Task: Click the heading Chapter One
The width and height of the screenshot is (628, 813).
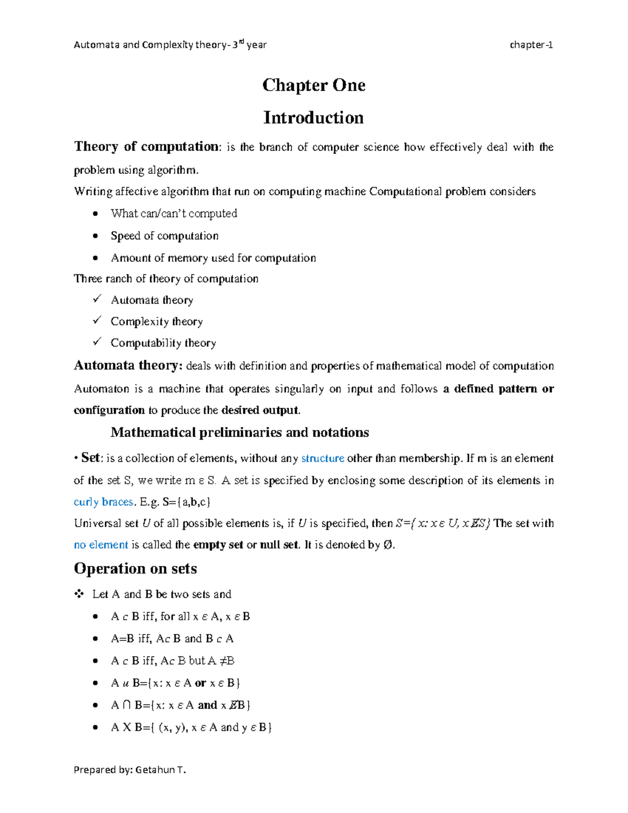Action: point(313,85)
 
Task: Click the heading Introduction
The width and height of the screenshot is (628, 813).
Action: point(313,117)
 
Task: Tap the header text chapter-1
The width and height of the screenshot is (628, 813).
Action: point(531,45)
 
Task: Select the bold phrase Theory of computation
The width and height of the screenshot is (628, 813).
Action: point(146,147)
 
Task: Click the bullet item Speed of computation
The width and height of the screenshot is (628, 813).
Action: point(164,236)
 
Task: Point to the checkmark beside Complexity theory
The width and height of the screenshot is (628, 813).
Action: point(97,320)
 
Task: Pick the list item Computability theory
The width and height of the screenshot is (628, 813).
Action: point(163,343)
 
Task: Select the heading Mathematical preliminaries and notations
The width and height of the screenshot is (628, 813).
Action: point(240,432)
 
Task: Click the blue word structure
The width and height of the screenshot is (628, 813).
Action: point(322,459)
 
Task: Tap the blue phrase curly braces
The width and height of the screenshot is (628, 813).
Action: point(103,502)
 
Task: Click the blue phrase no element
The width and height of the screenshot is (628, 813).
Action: point(100,545)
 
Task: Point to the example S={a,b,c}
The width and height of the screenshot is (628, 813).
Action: point(186,502)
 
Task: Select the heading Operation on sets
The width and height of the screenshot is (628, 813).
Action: point(136,569)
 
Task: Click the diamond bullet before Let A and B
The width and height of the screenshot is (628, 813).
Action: point(79,594)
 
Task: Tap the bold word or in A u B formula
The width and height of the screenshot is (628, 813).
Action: point(200,683)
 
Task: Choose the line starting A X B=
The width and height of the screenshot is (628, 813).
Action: point(191,727)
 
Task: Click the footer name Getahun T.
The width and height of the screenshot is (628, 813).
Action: point(160,770)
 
